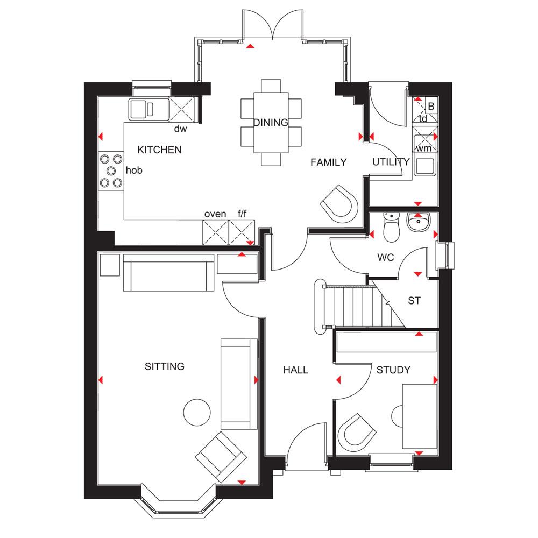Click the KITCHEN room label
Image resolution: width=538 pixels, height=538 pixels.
coord(159,150)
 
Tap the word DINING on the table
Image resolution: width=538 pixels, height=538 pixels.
coord(271,123)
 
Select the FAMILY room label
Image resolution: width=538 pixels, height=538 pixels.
coord(328,162)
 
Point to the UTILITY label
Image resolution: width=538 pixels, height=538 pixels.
coord(391,161)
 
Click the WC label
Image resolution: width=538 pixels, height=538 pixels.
coord(386,257)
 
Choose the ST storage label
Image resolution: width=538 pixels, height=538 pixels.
coord(414,301)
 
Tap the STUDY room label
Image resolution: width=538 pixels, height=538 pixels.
coord(393,370)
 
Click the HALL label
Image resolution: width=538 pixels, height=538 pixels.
coord(296,370)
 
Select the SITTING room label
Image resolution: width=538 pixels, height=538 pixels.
coord(165,366)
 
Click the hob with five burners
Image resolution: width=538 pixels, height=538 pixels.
coord(111,171)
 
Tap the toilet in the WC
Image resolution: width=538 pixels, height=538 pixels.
coord(392,227)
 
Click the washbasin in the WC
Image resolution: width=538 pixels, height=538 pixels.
coord(418,222)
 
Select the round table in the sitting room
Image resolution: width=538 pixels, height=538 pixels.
coord(197,412)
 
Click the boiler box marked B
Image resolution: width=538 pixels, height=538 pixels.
coord(431,106)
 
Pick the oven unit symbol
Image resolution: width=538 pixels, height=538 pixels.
coord(216,232)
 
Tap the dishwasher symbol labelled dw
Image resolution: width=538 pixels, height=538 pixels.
coord(181,109)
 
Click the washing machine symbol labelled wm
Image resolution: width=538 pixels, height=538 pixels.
coord(425,139)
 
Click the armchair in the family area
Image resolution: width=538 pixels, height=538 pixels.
coord(339,204)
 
